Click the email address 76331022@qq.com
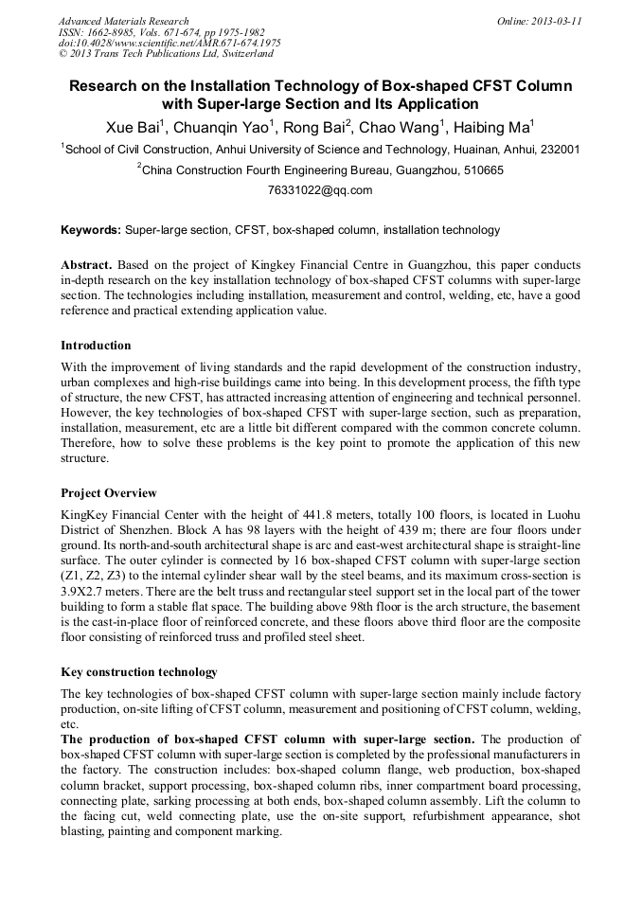320,190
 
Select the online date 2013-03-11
557,21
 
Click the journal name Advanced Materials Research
123,21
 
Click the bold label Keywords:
91,230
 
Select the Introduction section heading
96,346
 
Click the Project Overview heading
109,493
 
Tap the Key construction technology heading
139,672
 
